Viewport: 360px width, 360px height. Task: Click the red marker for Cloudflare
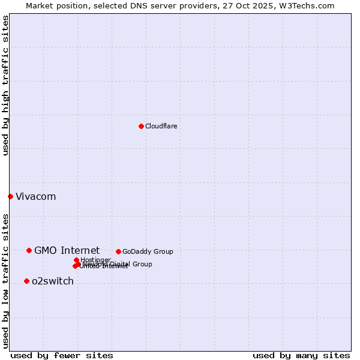coord(141,126)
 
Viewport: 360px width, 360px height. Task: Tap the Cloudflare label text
coord(161,126)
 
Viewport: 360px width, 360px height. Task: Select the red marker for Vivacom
coord(10,196)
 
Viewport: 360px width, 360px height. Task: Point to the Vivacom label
coord(35,196)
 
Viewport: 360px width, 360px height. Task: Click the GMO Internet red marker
coord(29,250)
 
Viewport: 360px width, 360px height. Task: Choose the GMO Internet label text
coord(67,250)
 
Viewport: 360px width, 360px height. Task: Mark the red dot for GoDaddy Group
coord(118,251)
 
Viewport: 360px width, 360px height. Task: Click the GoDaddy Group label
coord(148,251)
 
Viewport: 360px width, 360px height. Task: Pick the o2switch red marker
coord(26,281)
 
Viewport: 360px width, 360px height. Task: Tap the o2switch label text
coord(53,281)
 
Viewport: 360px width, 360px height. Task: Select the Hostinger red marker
coord(76,260)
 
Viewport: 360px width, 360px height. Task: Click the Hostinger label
coord(95,260)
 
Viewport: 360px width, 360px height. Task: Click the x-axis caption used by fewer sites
coord(62,355)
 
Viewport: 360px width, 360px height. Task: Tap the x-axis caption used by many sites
coord(301,355)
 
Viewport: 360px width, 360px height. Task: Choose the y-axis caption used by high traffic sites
coord(5,85)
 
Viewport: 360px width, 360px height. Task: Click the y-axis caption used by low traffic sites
coord(5,280)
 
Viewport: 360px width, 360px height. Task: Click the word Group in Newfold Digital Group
coord(142,264)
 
